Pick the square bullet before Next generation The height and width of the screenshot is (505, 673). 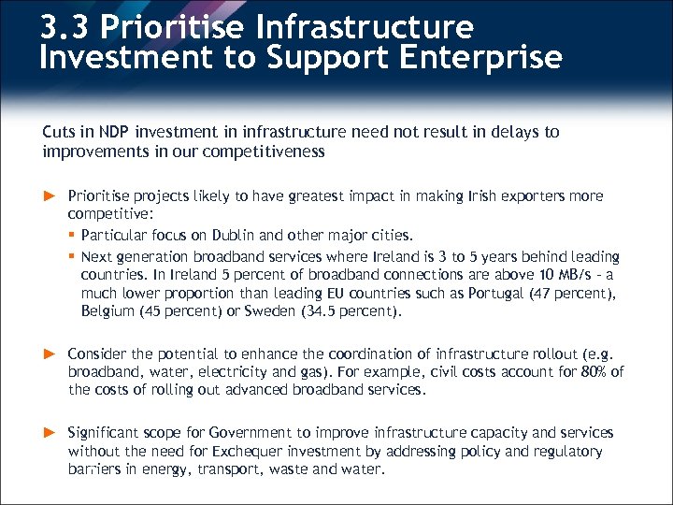[72, 256]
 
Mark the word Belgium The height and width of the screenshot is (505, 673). [107, 312]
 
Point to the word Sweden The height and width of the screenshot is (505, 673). [269, 312]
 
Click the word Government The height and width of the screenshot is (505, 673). [251, 433]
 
